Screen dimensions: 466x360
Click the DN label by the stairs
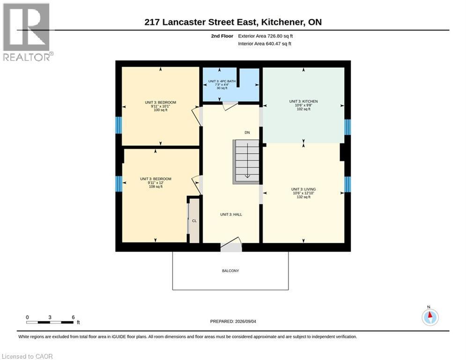[247, 132]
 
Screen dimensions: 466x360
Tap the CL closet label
[194, 221]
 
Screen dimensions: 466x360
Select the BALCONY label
[230, 271]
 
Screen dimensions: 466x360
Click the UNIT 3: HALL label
[231, 214]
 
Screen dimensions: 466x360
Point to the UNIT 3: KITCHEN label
[303, 101]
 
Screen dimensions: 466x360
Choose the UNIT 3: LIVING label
[303, 189]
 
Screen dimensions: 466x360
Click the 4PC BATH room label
[222, 81]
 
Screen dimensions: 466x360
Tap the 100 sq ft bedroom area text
[161, 110]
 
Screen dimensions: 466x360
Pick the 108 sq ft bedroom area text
[156, 187]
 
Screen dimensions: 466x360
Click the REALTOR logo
[27, 32]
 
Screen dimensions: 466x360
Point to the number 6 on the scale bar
[73, 317]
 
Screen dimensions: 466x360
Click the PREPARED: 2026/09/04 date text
[233, 321]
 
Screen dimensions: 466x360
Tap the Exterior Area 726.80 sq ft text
[266, 36]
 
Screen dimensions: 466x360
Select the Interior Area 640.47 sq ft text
[265, 44]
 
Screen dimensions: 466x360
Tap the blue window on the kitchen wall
[347, 127]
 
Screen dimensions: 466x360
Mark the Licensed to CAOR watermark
[27, 356]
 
